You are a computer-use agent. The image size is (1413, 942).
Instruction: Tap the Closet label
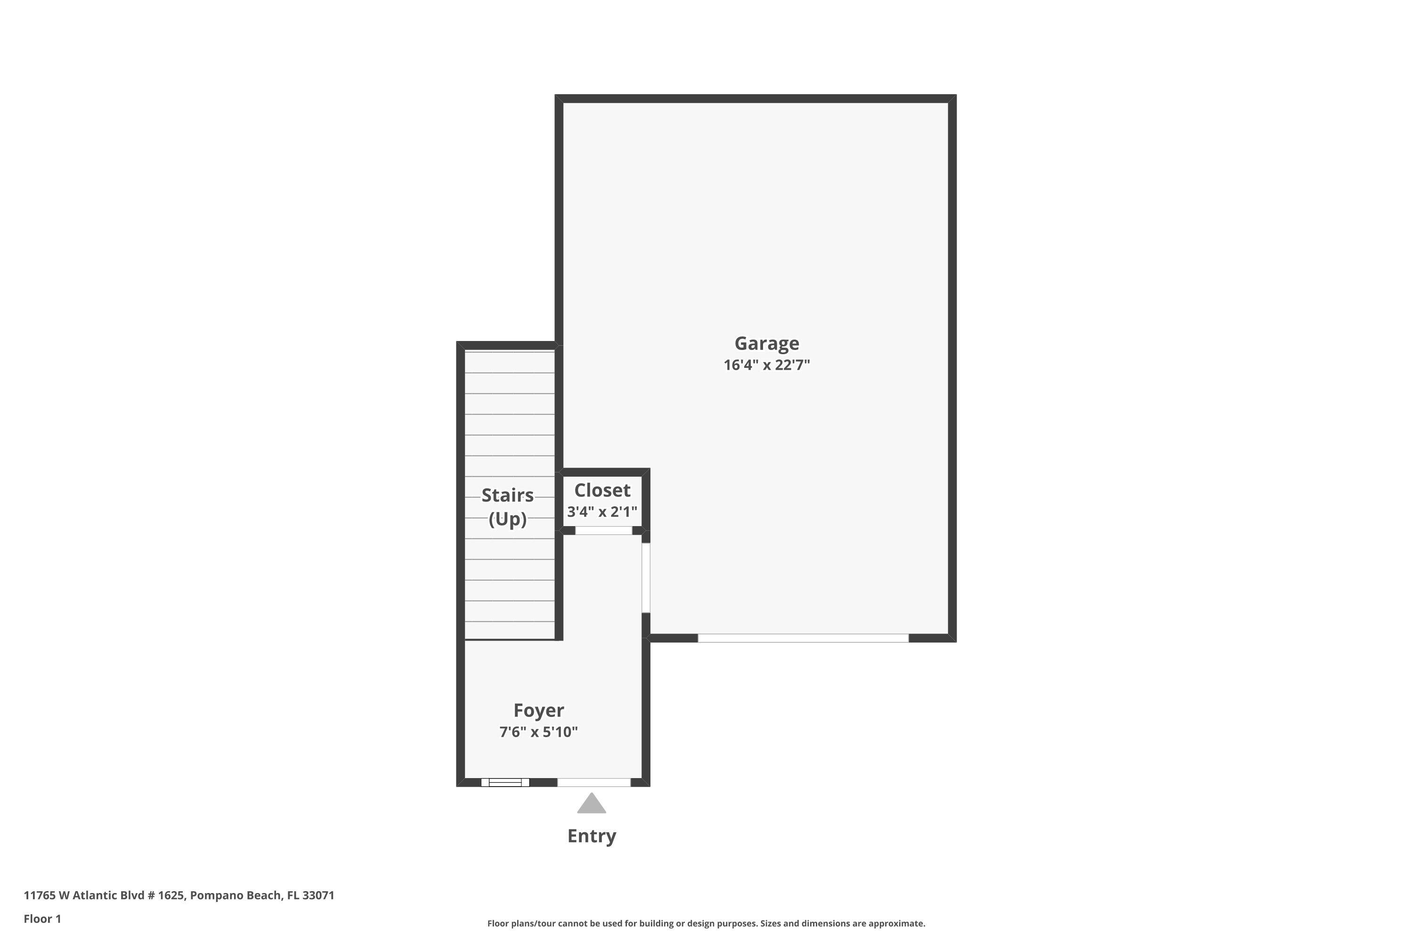pyautogui.click(x=602, y=490)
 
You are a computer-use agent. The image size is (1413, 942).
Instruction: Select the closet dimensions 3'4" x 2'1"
pyautogui.click(x=602, y=512)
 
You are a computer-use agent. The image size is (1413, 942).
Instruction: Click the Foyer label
pyautogui.click(x=538, y=710)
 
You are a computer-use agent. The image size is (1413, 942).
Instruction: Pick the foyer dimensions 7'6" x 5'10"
pyautogui.click(x=538, y=732)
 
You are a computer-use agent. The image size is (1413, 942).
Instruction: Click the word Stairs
pyautogui.click(x=508, y=495)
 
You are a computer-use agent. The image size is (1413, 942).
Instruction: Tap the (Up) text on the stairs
pyautogui.click(x=508, y=519)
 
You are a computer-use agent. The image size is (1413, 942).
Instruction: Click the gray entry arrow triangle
pyautogui.click(x=592, y=804)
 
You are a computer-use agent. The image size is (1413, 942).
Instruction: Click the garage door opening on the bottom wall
pyautogui.click(x=803, y=638)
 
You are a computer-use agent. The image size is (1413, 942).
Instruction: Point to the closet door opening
pyautogui.click(x=604, y=530)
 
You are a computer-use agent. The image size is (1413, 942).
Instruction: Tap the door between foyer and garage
pyautogui.click(x=646, y=577)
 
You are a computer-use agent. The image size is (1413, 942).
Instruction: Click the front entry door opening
pyautogui.click(x=593, y=782)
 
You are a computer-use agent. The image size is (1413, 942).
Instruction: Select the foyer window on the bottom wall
pyautogui.click(x=504, y=782)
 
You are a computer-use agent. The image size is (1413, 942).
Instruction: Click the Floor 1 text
pyautogui.click(x=42, y=918)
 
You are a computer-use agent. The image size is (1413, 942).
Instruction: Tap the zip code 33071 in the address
pyautogui.click(x=318, y=895)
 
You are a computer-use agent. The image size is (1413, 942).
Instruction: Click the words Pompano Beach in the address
pyautogui.click(x=235, y=895)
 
